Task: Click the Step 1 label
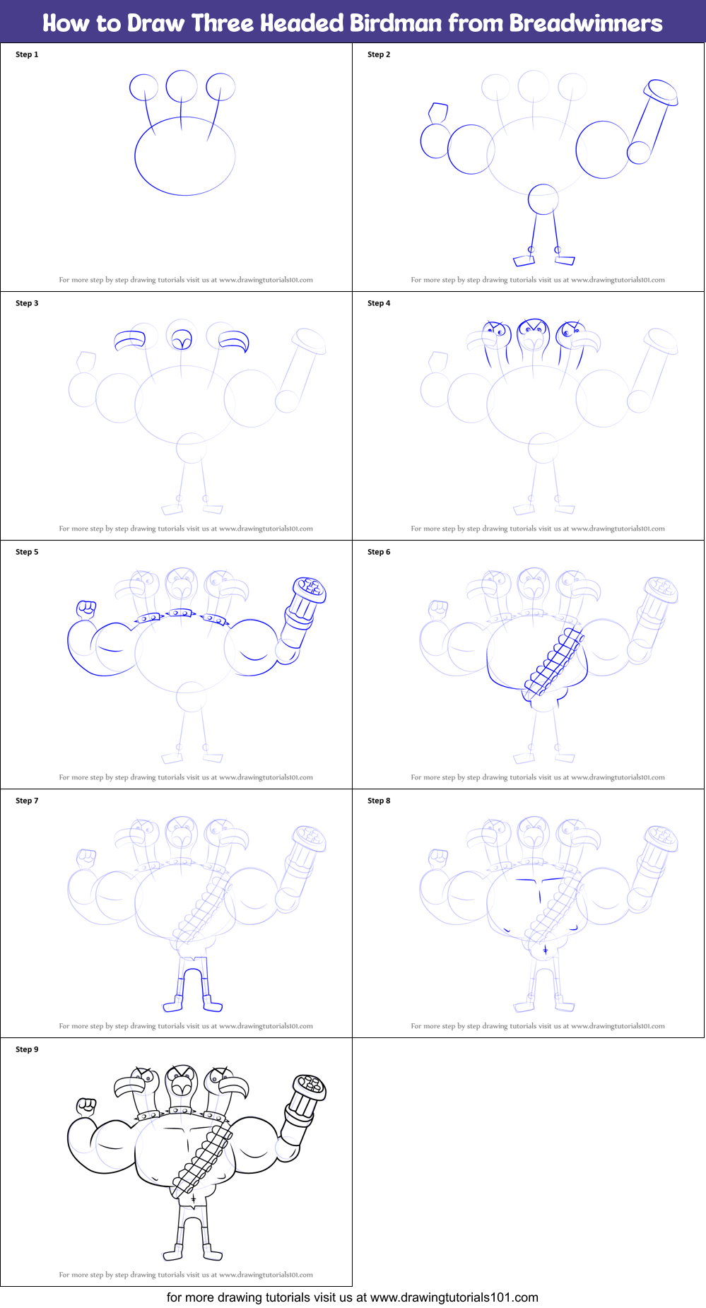(x=27, y=54)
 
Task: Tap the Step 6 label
(x=379, y=552)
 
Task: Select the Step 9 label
(x=27, y=1049)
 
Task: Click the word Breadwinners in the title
(x=586, y=23)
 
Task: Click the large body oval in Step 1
(x=184, y=156)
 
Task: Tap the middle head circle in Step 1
(x=182, y=86)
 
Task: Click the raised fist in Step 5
(x=86, y=608)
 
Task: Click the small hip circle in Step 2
(x=543, y=199)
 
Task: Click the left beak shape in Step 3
(x=130, y=341)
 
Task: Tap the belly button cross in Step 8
(x=545, y=950)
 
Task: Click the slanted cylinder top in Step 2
(x=661, y=92)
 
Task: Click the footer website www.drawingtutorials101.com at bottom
(x=454, y=1297)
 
